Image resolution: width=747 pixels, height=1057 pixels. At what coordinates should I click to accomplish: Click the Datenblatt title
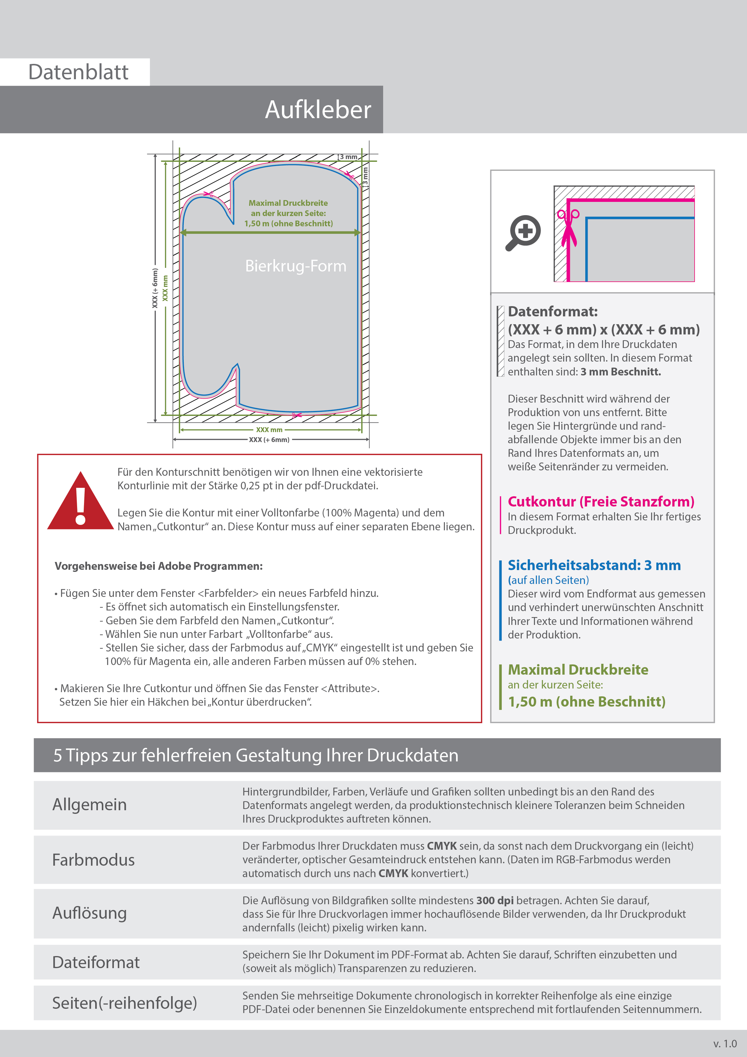pyautogui.click(x=78, y=72)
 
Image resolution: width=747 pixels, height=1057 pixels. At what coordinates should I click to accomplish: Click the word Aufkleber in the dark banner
pyautogui.click(x=317, y=110)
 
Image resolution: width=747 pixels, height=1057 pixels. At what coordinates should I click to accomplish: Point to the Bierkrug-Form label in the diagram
pyautogui.click(x=295, y=266)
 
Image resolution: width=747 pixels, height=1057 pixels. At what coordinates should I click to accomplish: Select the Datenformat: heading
pyautogui.click(x=552, y=312)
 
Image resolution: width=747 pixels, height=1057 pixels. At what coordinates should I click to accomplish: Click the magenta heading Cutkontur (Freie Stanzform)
pyautogui.click(x=601, y=501)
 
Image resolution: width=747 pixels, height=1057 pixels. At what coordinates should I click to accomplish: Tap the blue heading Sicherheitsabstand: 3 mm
pyautogui.click(x=594, y=565)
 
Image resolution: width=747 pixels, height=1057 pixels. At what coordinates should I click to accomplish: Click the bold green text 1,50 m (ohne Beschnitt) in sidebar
pyautogui.click(x=586, y=701)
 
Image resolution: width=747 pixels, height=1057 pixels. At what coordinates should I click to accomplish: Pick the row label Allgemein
pyautogui.click(x=89, y=805)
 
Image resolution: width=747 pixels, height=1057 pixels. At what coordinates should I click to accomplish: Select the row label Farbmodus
pyautogui.click(x=93, y=860)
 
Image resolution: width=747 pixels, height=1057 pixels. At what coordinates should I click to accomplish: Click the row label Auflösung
pyautogui.click(x=89, y=913)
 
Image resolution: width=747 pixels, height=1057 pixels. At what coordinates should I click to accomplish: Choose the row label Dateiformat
pyautogui.click(x=96, y=962)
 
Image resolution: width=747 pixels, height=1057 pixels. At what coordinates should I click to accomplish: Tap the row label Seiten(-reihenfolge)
pyautogui.click(x=124, y=1003)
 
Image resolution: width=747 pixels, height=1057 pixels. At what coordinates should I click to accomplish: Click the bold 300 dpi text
pyautogui.click(x=495, y=901)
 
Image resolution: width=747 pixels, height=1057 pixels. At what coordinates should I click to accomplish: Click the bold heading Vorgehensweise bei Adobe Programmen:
pyautogui.click(x=159, y=566)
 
